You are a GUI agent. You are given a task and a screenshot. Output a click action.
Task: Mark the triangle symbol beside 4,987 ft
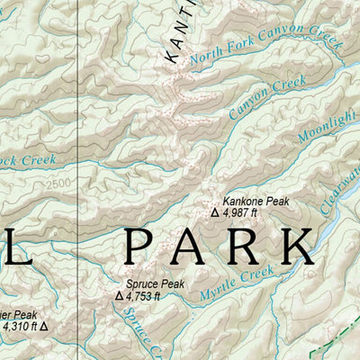point(214,213)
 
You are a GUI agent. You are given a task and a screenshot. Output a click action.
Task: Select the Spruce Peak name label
point(155,284)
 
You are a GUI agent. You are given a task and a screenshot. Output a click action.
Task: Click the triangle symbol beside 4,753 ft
point(119,295)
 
